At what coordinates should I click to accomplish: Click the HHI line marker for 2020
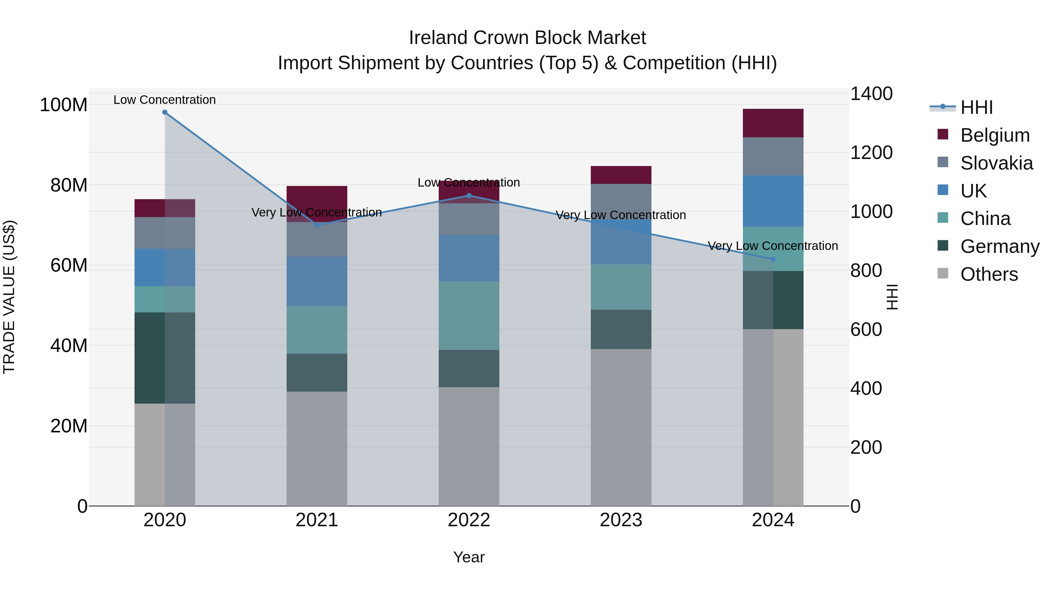point(165,112)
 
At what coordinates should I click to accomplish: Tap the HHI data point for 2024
point(773,259)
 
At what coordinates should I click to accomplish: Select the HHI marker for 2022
point(469,196)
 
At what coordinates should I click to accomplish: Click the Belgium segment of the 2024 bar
point(773,123)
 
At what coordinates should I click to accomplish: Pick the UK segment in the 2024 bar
point(773,201)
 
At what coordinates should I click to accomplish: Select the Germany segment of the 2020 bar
point(165,358)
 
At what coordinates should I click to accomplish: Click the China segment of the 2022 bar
point(469,315)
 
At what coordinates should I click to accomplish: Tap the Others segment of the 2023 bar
point(621,427)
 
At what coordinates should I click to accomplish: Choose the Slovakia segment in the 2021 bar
point(316,240)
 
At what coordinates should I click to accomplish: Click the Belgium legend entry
point(994,135)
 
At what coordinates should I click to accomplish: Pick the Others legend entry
point(989,274)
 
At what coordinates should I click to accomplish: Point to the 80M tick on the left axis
point(69,185)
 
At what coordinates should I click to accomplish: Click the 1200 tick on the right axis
point(871,153)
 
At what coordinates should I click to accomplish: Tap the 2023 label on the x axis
point(621,520)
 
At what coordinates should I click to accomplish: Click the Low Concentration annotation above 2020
point(165,100)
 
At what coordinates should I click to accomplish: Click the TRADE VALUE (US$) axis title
point(9,297)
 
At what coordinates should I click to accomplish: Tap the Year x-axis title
point(469,557)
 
